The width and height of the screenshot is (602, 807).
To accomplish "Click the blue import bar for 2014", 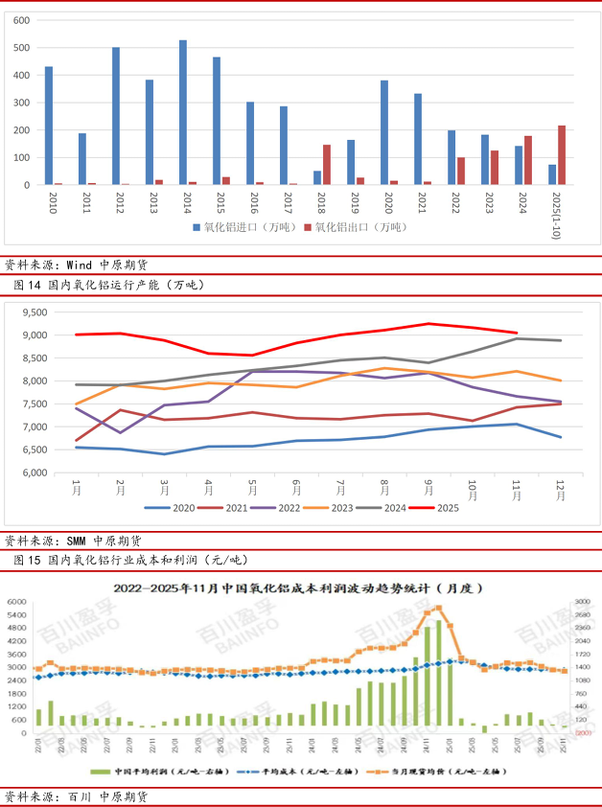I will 182,112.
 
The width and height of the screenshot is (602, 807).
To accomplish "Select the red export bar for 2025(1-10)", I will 562,155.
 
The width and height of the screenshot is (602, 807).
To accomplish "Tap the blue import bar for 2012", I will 116,116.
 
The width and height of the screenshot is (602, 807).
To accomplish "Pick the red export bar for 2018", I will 327,165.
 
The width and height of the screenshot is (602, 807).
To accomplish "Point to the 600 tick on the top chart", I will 21,20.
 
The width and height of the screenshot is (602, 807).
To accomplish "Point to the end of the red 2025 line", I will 517,333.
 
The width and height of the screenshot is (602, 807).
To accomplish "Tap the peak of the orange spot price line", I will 438,608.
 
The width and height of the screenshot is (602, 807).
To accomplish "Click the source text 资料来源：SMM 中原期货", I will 73,540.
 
